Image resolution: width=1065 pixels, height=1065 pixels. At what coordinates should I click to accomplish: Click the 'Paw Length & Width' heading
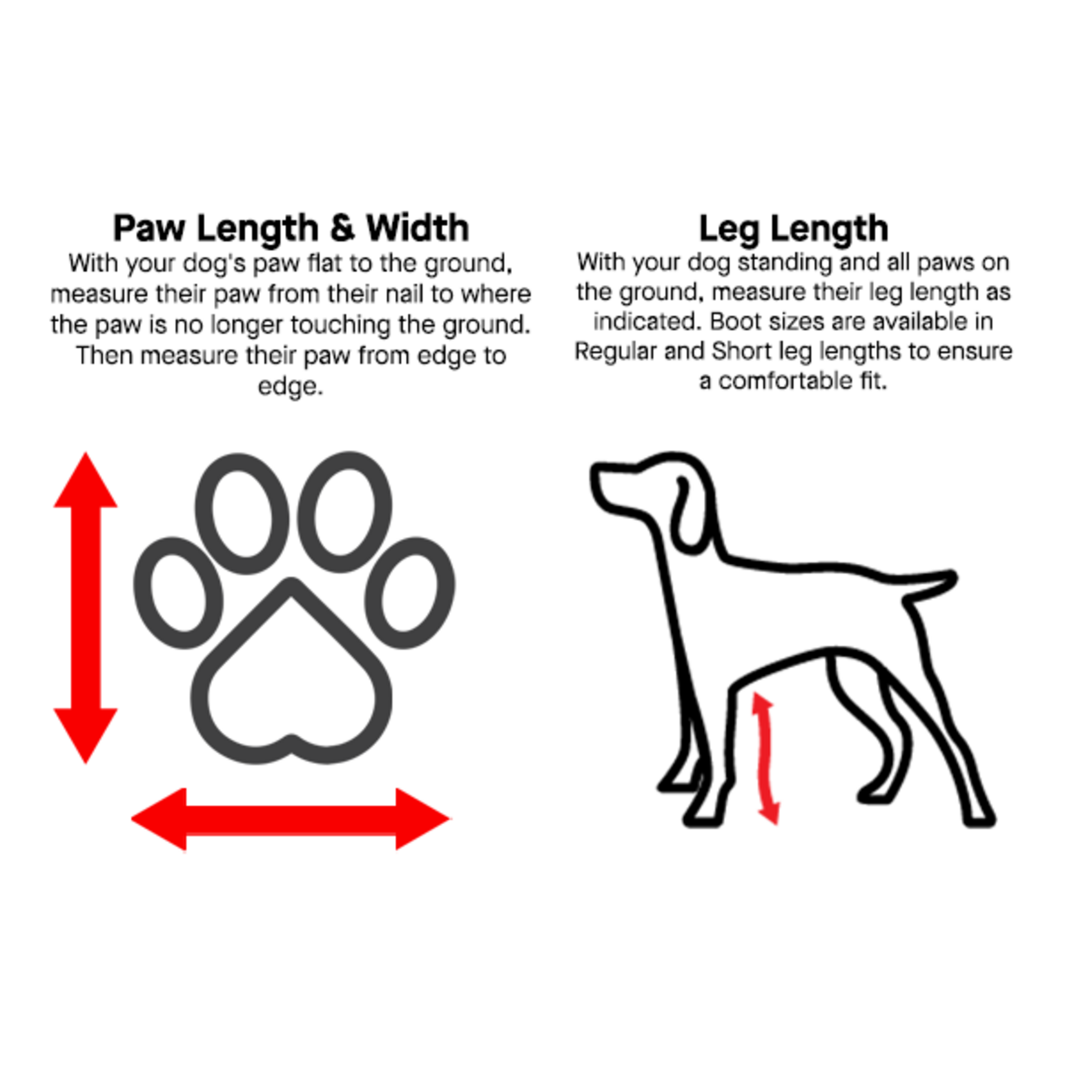pyautogui.click(x=291, y=228)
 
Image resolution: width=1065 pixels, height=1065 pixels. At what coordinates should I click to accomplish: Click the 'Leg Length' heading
pyautogui.click(x=794, y=228)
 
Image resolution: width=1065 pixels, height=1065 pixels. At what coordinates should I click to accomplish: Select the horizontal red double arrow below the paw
pyautogui.click(x=290, y=819)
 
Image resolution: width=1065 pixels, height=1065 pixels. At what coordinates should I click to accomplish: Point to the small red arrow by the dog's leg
pyautogui.click(x=766, y=758)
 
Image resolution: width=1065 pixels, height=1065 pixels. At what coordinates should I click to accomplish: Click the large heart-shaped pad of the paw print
pyautogui.click(x=291, y=683)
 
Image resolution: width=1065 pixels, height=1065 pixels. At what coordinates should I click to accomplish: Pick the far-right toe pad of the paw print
pyautogui.click(x=410, y=592)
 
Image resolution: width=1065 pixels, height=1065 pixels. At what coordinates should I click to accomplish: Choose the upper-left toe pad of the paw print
pyautogui.click(x=242, y=513)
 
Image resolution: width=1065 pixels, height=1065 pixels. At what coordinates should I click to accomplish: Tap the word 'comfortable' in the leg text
pyautogui.click(x=785, y=381)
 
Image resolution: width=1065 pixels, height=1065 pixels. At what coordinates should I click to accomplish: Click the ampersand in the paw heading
pyautogui.click(x=342, y=228)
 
